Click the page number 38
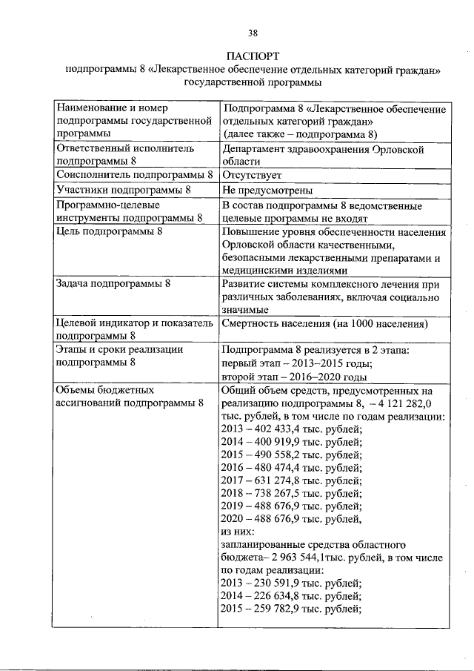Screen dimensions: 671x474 [253, 33]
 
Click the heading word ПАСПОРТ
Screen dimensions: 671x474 [253, 57]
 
